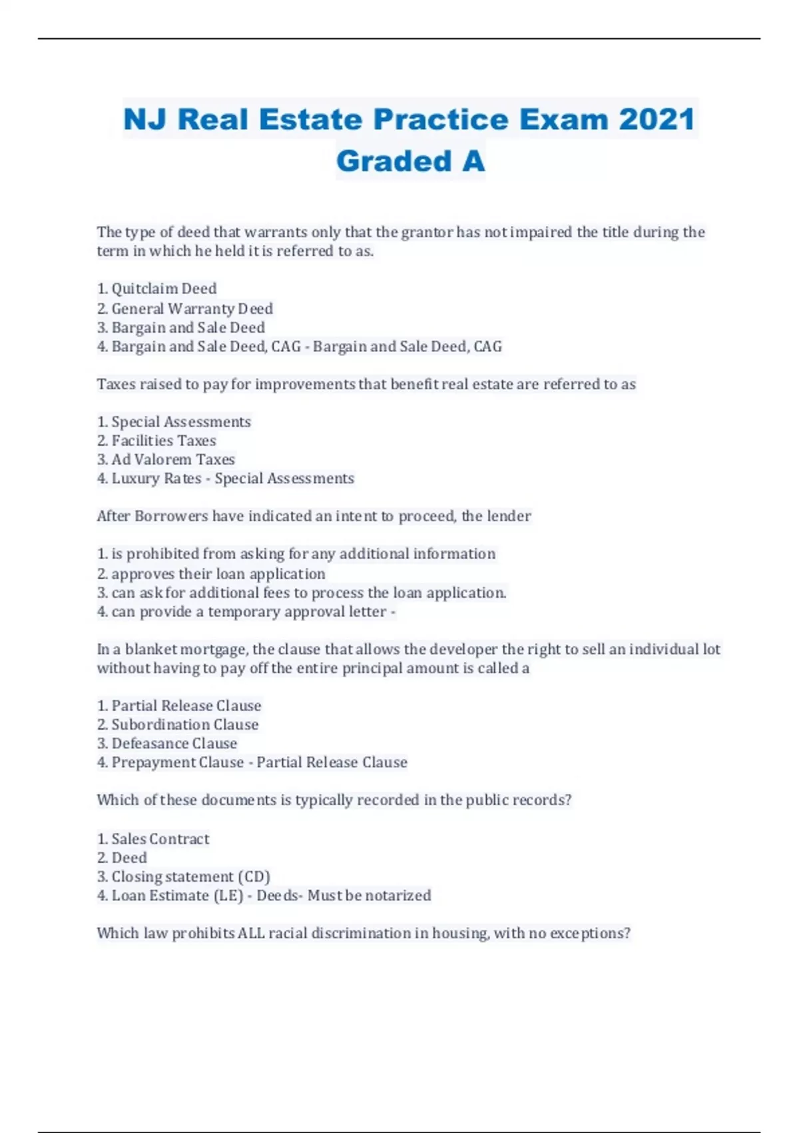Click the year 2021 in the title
click(657, 119)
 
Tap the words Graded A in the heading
click(410, 161)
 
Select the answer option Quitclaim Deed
click(163, 289)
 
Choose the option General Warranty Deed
click(192, 309)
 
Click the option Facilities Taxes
click(163, 441)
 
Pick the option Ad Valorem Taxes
click(172, 459)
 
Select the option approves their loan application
click(218, 574)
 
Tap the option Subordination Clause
click(184, 724)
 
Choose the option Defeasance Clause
click(174, 743)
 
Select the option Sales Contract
click(160, 838)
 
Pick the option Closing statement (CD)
click(190, 876)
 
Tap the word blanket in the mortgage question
click(150, 649)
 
